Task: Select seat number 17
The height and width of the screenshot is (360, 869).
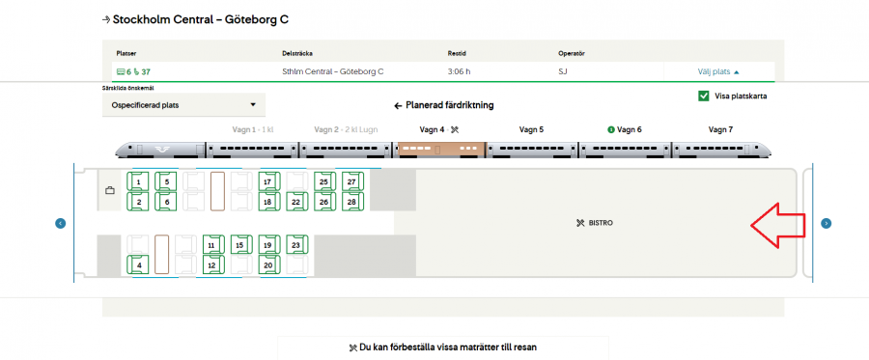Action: (268, 181)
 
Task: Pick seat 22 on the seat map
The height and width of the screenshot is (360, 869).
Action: (296, 202)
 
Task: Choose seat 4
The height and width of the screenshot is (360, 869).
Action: (138, 264)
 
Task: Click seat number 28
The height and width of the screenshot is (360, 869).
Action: (351, 202)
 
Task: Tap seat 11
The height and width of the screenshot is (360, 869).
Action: (212, 244)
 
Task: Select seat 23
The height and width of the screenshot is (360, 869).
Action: (296, 244)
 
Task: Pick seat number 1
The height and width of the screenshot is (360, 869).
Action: (138, 181)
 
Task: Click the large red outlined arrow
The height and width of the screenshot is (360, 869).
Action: (778, 224)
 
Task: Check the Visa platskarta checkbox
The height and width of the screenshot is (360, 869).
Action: (704, 96)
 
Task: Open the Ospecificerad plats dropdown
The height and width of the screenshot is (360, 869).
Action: (184, 104)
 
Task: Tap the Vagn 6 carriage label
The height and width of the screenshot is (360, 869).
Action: (625, 129)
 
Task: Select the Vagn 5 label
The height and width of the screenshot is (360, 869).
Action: (531, 129)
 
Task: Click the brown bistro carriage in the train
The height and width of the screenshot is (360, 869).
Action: (440, 150)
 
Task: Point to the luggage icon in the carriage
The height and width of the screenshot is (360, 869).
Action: (110, 190)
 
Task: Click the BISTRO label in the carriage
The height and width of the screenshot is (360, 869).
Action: (595, 223)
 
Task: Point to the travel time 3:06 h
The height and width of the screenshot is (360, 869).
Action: (460, 71)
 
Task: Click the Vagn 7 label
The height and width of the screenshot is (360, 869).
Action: (720, 129)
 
